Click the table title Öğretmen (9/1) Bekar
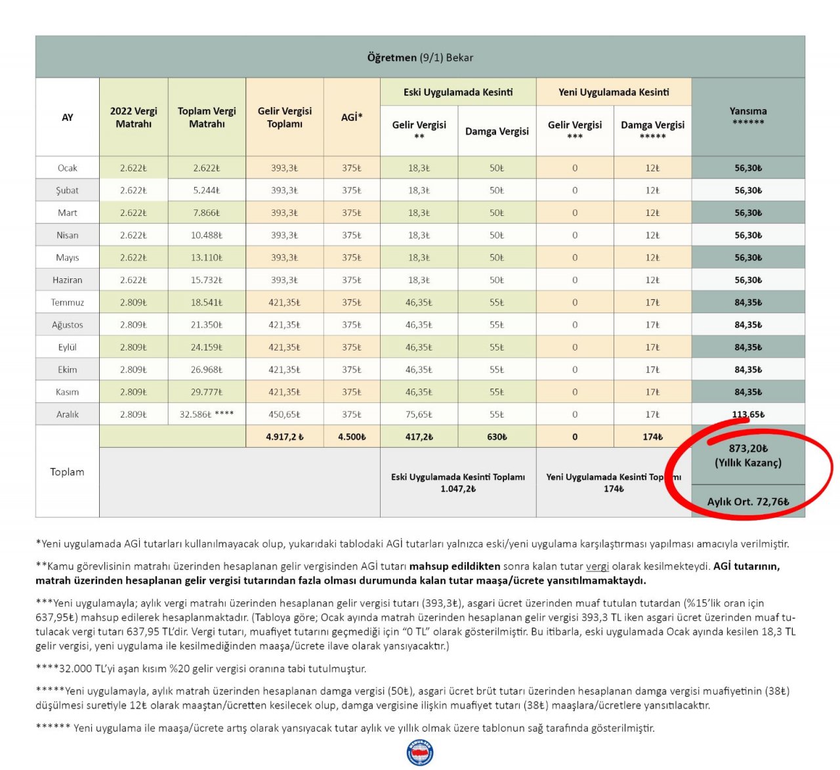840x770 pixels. click(x=420, y=58)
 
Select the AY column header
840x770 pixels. click(x=67, y=118)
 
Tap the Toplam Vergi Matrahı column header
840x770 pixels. click(x=207, y=118)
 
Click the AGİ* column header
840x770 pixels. click(x=352, y=118)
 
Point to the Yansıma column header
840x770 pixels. click(x=748, y=116)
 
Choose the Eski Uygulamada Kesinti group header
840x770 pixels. click(x=458, y=92)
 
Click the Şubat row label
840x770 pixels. click(x=67, y=190)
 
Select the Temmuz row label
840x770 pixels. click(x=67, y=303)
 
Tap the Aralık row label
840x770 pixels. click(x=67, y=415)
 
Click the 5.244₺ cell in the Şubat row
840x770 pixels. click(x=207, y=190)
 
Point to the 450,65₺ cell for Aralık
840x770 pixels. click(x=285, y=415)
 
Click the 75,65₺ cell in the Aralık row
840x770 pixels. click(x=419, y=415)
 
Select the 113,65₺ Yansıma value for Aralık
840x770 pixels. click(x=748, y=415)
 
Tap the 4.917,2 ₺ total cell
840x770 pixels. click(x=285, y=437)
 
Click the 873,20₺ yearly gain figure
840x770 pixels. click(x=748, y=449)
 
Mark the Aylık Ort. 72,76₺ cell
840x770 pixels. click(x=748, y=502)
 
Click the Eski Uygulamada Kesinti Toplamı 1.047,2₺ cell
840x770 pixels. click(x=458, y=482)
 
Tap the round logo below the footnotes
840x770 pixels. click(x=420, y=753)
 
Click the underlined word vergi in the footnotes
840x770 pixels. click(x=597, y=567)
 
